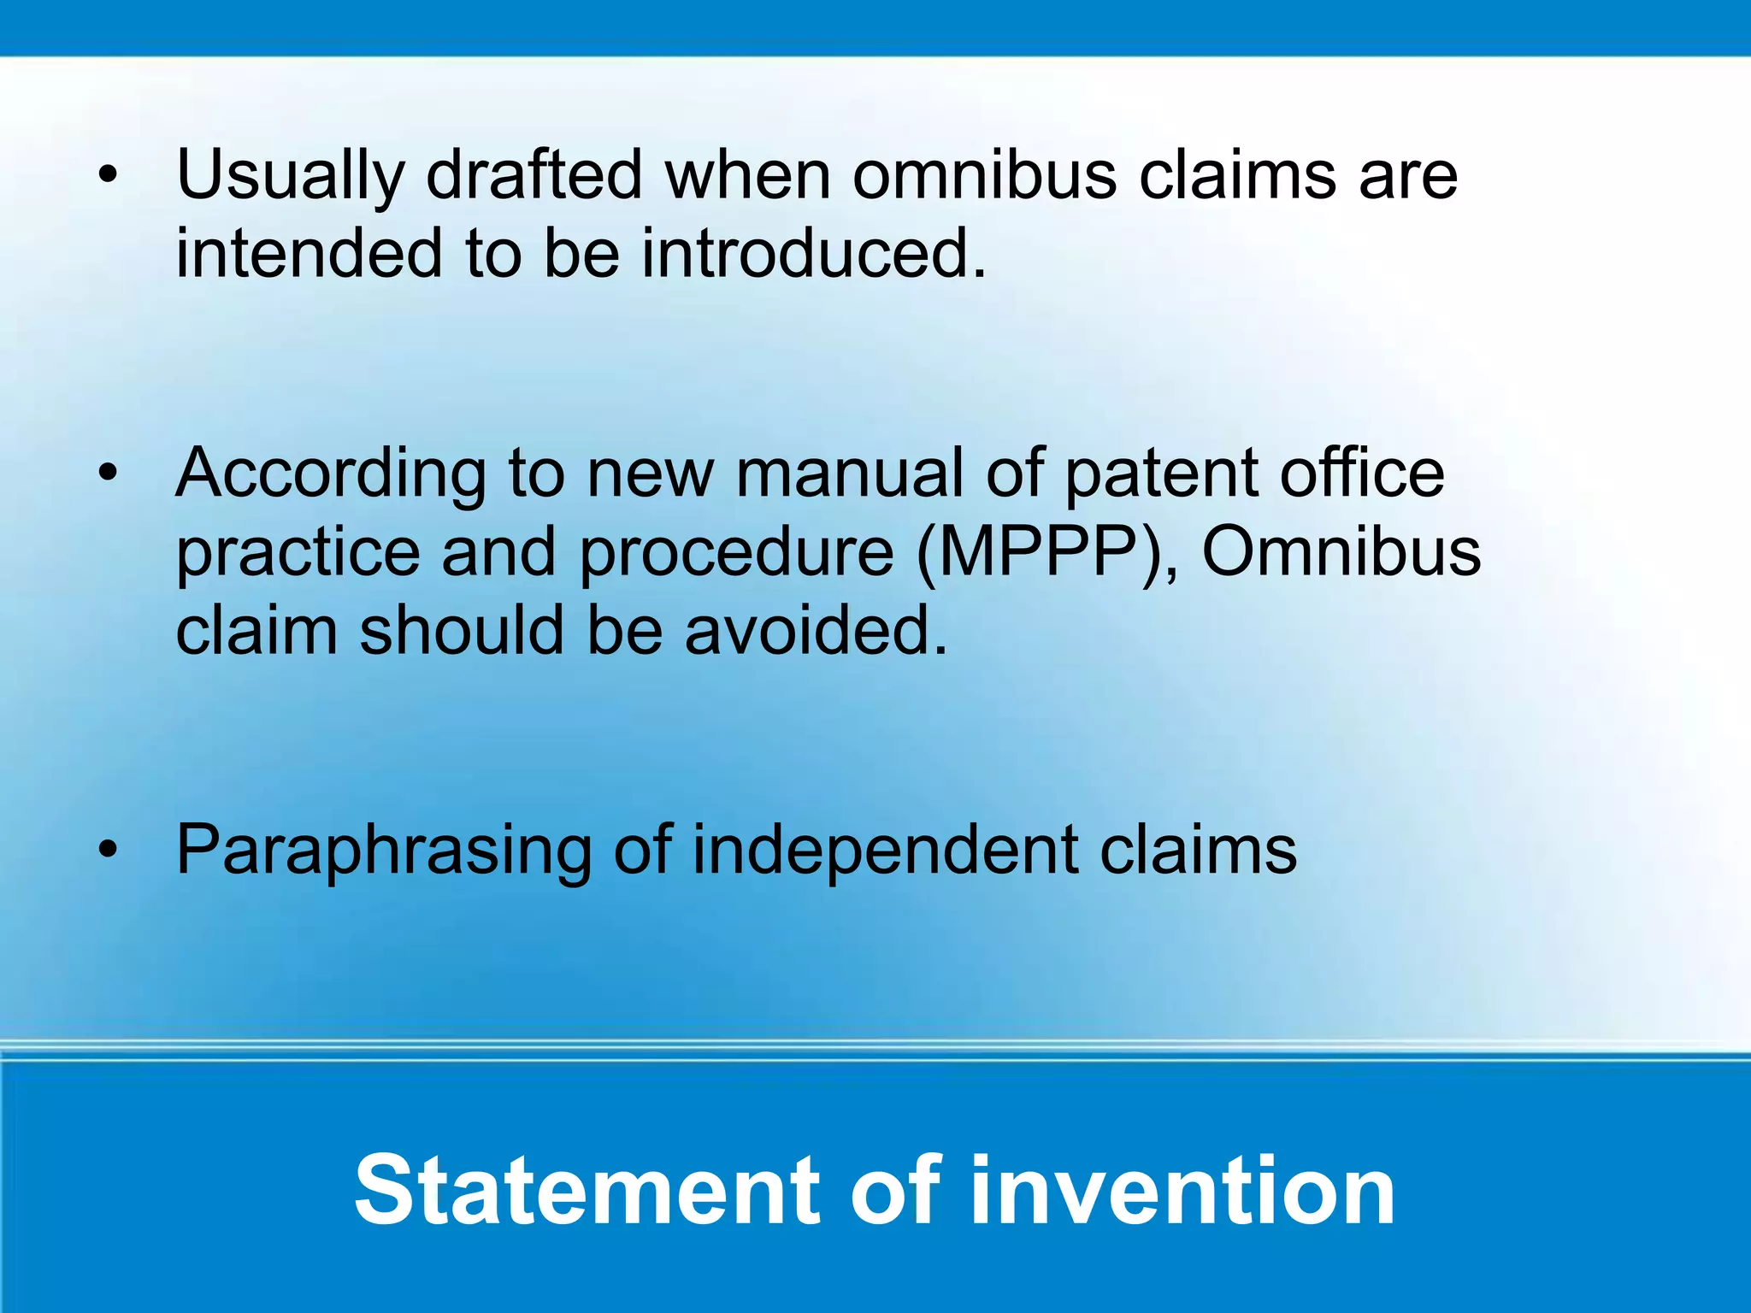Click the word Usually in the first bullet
click(x=289, y=175)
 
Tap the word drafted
click(x=533, y=175)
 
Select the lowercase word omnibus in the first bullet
click(x=984, y=175)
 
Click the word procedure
click(x=736, y=553)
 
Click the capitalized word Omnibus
click(x=1341, y=553)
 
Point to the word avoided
click(x=816, y=631)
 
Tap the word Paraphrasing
click(x=383, y=851)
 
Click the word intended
click(x=309, y=254)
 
